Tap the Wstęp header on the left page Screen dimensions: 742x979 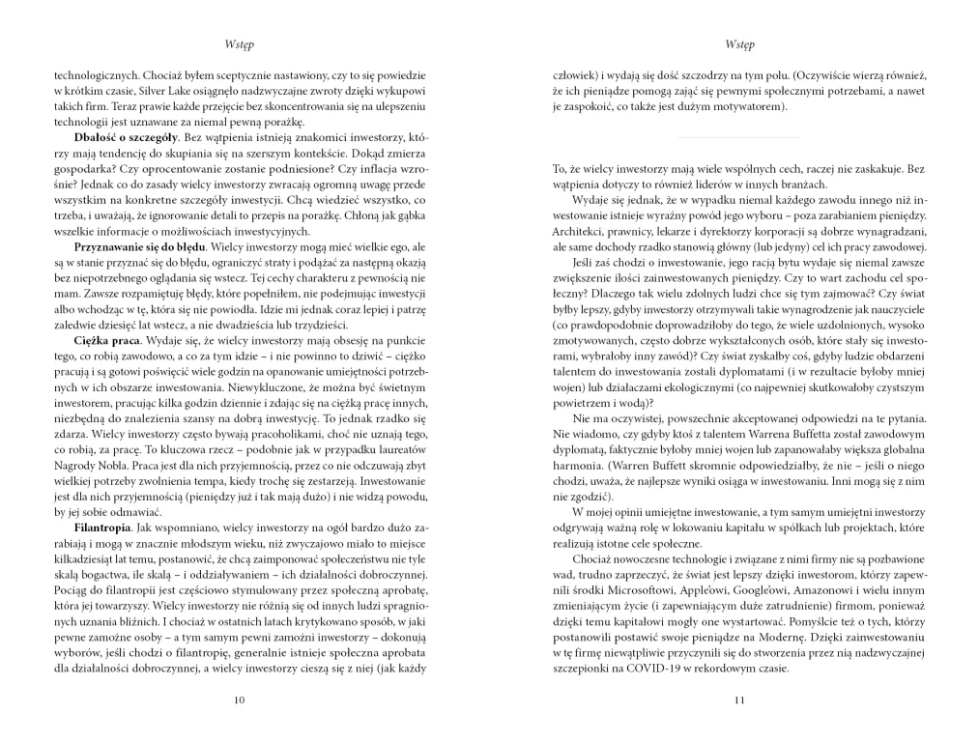(239, 44)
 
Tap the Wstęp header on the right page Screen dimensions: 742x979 (739, 44)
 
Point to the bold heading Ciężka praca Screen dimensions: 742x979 (105, 341)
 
